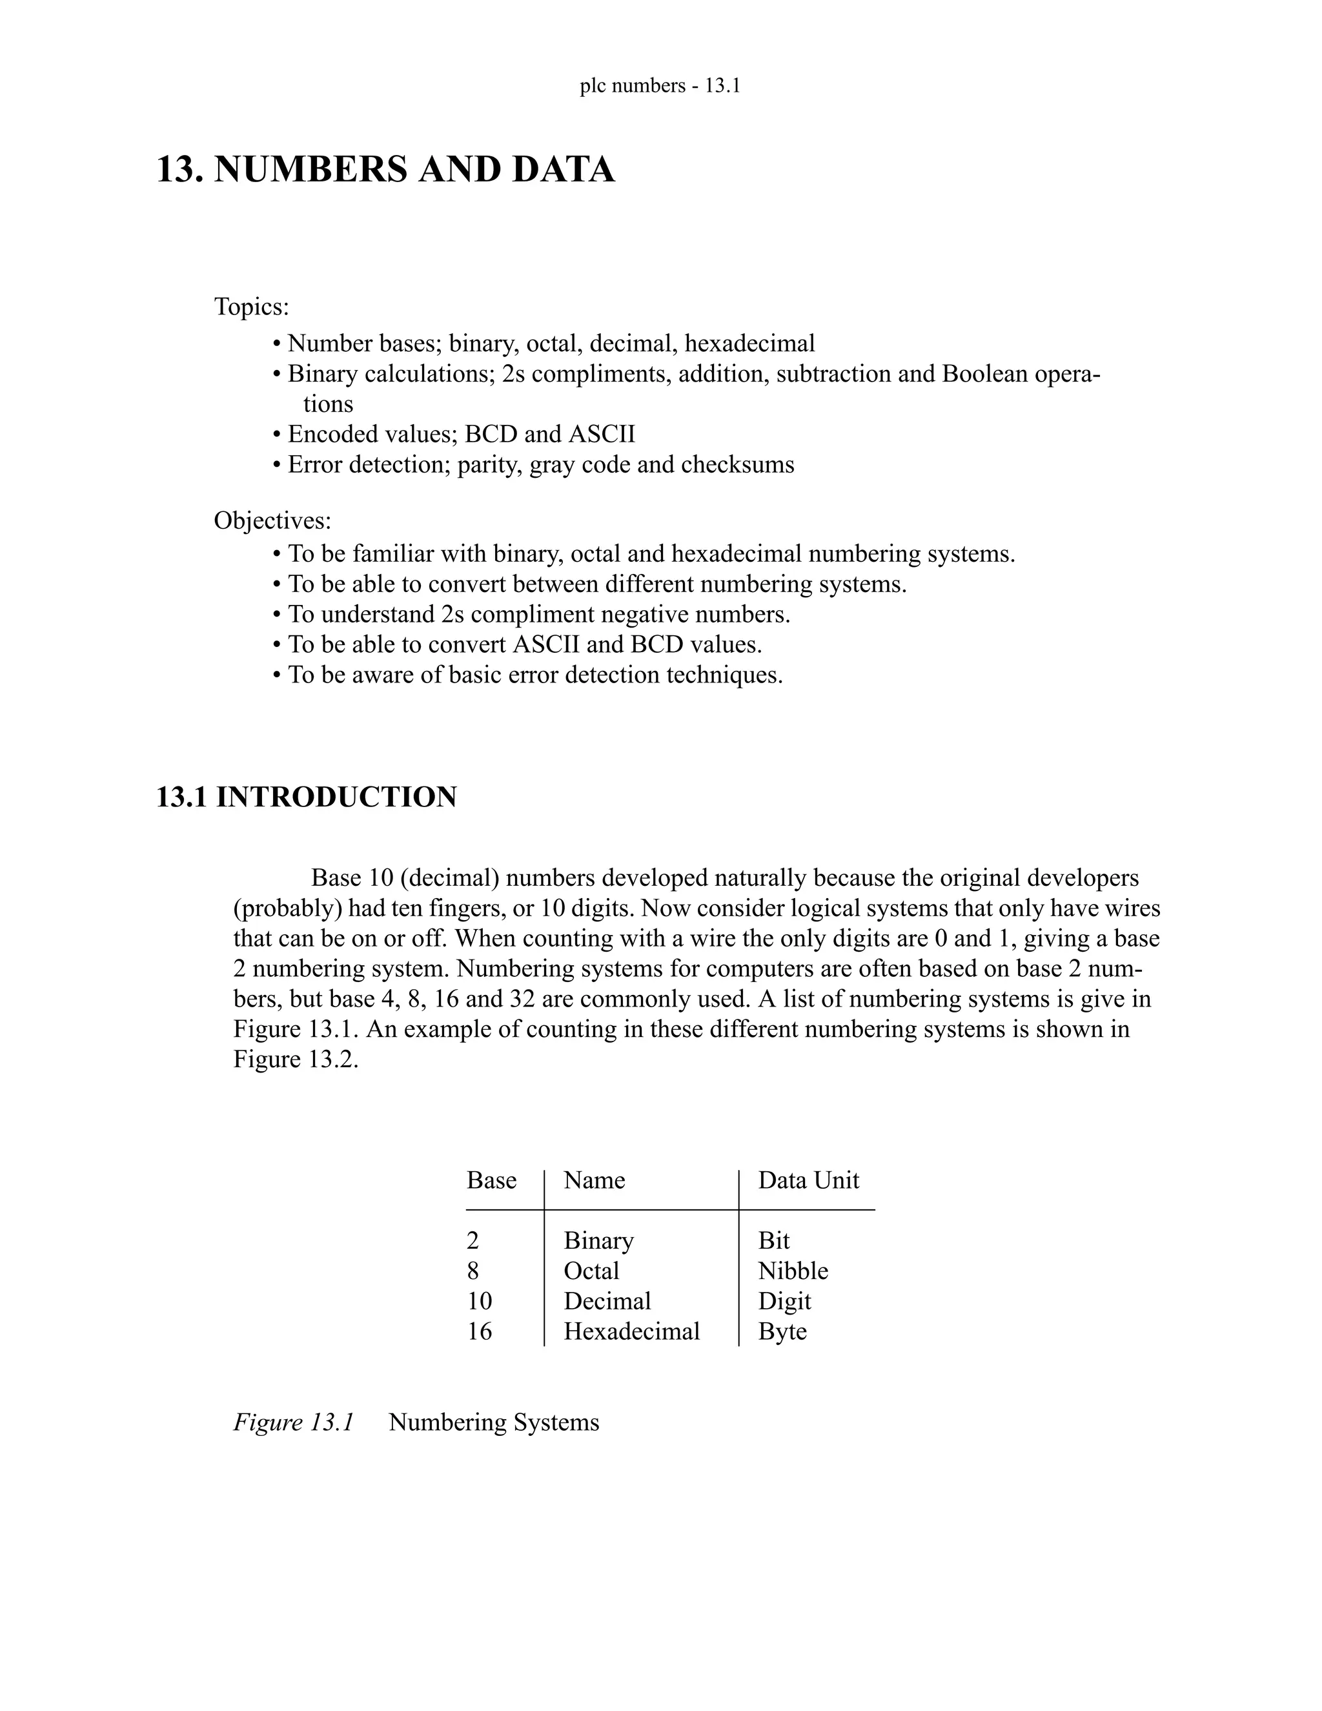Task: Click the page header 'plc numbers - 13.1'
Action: pos(660,85)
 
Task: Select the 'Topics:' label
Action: pos(251,307)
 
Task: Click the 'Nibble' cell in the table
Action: pos(793,1271)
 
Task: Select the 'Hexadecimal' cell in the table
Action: pos(631,1331)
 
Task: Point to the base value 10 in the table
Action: pos(480,1301)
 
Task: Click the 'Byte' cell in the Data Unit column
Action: pos(782,1332)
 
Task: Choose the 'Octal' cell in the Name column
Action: pos(591,1271)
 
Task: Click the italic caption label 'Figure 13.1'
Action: pos(294,1422)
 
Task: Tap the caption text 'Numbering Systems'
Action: pos(493,1422)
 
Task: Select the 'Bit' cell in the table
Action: pos(774,1241)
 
